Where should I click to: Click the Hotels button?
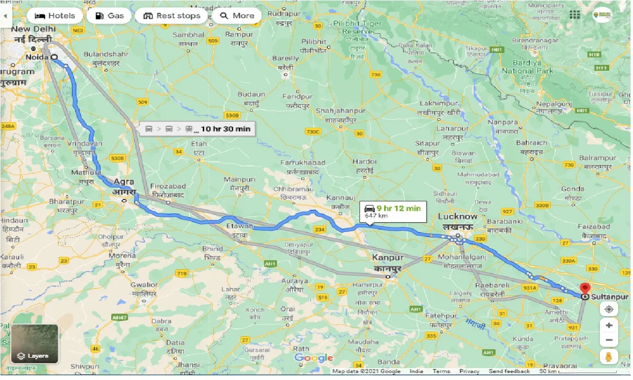(x=55, y=16)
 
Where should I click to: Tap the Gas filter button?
(x=109, y=16)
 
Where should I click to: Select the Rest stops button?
(x=172, y=16)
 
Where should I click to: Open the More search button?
(x=237, y=16)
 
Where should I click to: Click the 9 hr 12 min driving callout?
(x=393, y=211)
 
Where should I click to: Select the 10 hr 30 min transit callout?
(x=198, y=129)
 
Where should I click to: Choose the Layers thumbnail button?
(x=35, y=344)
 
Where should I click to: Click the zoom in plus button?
(x=609, y=326)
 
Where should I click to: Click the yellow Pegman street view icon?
(x=609, y=356)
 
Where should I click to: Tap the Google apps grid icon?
(x=574, y=15)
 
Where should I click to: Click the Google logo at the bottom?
(x=314, y=358)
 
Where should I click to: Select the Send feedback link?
(x=509, y=371)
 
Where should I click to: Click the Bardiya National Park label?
(x=528, y=67)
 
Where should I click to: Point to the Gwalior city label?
(x=144, y=285)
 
